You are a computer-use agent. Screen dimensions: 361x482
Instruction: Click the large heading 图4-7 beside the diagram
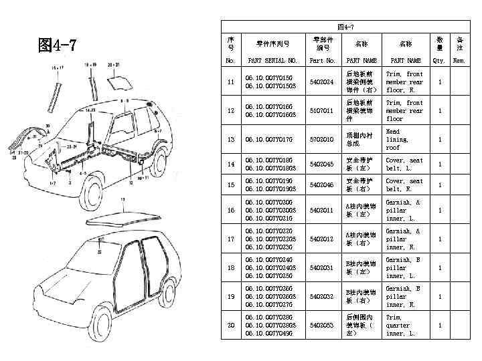click(58, 45)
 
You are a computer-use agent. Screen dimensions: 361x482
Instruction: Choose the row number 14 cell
click(231, 164)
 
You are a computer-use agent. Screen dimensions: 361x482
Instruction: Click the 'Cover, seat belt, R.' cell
click(404, 185)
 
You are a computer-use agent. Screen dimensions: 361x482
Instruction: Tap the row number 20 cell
click(231, 325)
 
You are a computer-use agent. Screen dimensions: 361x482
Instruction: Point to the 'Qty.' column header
click(439, 60)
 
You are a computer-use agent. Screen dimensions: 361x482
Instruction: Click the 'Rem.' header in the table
click(459, 60)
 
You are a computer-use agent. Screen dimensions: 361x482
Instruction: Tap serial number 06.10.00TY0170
click(268, 140)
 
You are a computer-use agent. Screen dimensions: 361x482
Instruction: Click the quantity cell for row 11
click(439, 82)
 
